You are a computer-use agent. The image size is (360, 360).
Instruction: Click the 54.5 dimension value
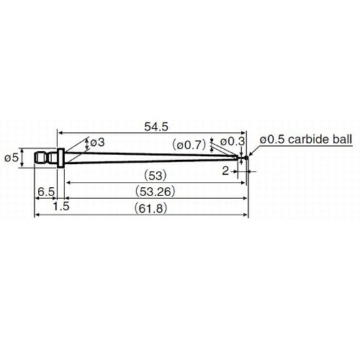(x=156, y=127)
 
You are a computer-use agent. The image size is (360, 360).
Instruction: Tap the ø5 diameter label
(x=12, y=158)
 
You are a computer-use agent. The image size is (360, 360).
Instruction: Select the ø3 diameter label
(x=97, y=143)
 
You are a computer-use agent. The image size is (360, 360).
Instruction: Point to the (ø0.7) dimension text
(x=189, y=145)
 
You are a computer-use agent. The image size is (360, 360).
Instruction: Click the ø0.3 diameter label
(x=233, y=142)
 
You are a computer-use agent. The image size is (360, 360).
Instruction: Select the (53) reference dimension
(x=155, y=176)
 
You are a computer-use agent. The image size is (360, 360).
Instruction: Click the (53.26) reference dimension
(x=155, y=192)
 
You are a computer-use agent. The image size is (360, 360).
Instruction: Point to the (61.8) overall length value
(x=150, y=208)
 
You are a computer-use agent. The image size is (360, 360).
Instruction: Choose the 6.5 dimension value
(x=46, y=192)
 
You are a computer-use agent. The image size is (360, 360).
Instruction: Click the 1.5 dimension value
(x=61, y=207)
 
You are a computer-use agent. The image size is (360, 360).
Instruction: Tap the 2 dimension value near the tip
(x=225, y=171)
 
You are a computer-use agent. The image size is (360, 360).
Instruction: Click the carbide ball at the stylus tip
(x=246, y=158)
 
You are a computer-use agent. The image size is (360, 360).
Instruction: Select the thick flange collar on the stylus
(x=61, y=158)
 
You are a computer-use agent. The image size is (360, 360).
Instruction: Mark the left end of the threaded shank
(x=35, y=158)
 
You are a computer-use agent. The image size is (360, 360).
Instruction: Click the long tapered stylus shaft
(x=151, y=158)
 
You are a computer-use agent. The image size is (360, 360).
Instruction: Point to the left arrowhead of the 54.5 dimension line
(x=60, y=132)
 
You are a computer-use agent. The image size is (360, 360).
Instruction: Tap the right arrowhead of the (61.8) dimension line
(x=246, y=215)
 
